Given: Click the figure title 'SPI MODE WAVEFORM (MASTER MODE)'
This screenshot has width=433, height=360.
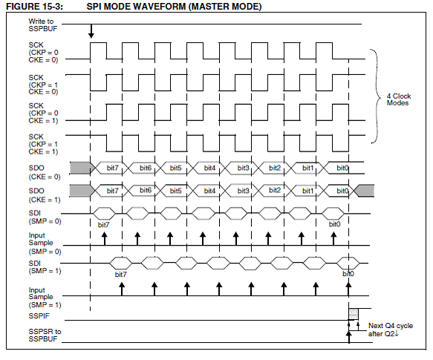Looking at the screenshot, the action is tap(174, 7).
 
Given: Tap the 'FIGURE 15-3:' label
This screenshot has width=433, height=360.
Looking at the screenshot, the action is tap(34, 7).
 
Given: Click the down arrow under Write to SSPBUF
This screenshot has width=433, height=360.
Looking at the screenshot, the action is tap(91, 31).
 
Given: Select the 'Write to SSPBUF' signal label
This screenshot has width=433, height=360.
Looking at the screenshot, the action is tap(43, 24).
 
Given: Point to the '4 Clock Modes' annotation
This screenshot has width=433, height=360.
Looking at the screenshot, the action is tap(399, 99).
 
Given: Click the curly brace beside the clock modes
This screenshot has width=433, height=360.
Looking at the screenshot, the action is tap(377, 96).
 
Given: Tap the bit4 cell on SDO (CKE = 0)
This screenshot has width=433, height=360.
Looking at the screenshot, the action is tap(209, 168).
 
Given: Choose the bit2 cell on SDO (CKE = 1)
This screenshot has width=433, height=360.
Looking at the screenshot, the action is tap(275, 190).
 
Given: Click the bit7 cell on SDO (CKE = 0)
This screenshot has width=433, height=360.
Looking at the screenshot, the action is tap(112, 168).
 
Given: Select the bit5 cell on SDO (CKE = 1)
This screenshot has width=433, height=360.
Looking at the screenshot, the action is tap(175, 191).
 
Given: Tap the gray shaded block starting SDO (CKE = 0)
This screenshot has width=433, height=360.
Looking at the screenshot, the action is tap(80, 168).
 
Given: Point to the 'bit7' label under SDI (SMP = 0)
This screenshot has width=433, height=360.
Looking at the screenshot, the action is tap(103, 225).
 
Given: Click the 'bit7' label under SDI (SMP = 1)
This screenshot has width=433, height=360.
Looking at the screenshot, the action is tap(120, 275).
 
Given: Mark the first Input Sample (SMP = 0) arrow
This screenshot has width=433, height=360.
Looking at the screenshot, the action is tap(105, 238).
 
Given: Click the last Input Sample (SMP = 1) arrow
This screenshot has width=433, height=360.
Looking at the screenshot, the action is tap(348, 289).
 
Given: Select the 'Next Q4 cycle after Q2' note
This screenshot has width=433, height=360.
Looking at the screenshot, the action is tap(391, 330).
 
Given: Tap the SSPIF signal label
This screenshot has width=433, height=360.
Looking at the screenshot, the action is tap(39, 315).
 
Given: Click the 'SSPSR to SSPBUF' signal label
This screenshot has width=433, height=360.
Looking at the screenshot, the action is tap(45, 336).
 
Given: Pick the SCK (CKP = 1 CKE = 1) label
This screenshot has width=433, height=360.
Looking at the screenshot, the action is tap(43, 144).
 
